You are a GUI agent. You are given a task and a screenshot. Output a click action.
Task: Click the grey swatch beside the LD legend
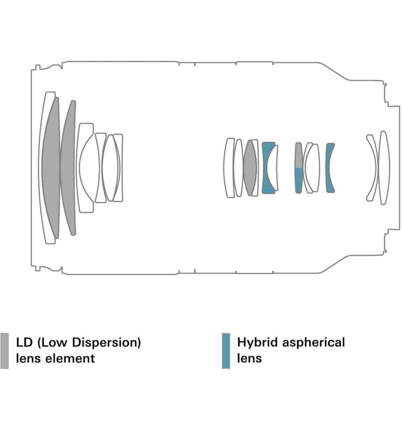coord(4,351)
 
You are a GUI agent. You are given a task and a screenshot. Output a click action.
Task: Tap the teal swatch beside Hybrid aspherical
coord(226,351)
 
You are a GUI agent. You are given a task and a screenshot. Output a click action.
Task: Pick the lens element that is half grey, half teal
coord(298,168)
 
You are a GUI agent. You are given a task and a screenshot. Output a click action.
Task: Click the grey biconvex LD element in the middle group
coord(250,168)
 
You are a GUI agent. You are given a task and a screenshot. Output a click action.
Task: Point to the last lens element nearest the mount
coord(383,168)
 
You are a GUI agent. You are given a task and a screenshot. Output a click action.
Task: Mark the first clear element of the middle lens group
coord(229,168)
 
